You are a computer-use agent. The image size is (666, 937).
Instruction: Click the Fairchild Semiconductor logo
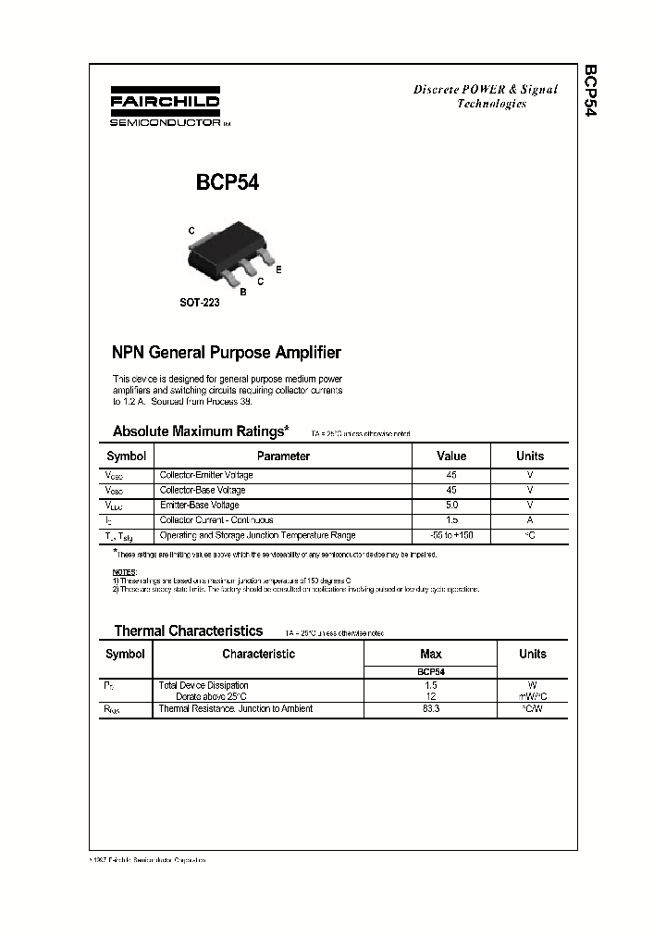pos(165,109)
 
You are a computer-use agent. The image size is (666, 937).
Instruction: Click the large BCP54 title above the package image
pos(227,183)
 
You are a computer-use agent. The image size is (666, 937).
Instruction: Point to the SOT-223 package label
pos(199,303)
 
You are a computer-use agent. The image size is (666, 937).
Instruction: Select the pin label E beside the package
pos(278,269)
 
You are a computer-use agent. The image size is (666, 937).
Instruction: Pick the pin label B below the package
pos(242,292)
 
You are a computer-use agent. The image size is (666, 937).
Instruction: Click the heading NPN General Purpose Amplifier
pos(227,353)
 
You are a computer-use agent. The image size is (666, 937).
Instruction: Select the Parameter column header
pos(283,456)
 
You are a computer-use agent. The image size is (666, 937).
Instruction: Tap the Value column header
pos(451,456)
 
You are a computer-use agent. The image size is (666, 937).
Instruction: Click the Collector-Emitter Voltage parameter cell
pos(206,475)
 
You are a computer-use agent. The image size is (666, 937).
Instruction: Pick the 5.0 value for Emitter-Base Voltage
pos(451,505)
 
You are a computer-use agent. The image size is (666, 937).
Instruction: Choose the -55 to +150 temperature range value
pos(451,535)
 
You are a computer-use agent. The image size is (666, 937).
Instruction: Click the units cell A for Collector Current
pos(530,520)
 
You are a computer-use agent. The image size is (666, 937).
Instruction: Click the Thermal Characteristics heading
pos(188,631)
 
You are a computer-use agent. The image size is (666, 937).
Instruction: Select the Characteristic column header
pos(258,654)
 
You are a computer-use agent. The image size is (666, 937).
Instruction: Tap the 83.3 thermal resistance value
pos(430,708)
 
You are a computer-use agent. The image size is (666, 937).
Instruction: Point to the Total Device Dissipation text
pos(203,685)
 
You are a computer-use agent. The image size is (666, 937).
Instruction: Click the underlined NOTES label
pos(124,572)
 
